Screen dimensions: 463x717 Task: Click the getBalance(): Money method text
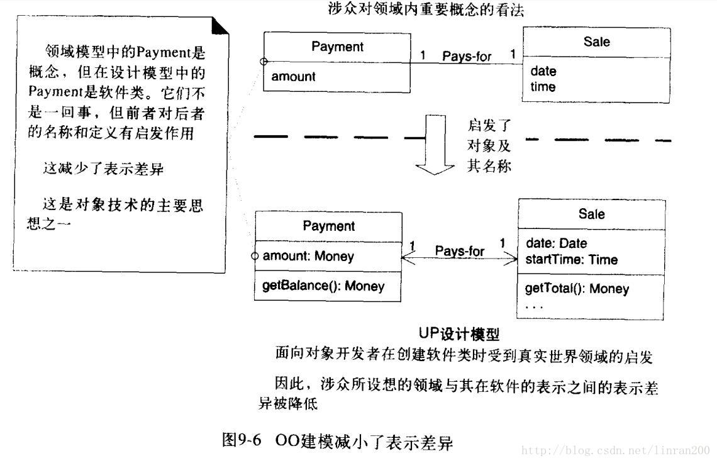click(x=323, y=286)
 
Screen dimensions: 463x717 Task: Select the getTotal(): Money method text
click(x=576, y=289)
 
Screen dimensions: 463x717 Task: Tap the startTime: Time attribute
click(x=571, y=259)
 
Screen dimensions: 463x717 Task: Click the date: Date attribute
click(x=555, y=243)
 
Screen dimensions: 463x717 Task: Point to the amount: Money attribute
click(x=308, y=256)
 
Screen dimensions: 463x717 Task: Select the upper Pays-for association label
click(x=466, y=56)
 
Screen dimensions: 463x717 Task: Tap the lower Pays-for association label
click(x=459, y=251)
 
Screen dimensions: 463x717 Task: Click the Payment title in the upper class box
click(x=337, y=47)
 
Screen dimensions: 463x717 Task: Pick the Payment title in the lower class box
click(x=328, y=226)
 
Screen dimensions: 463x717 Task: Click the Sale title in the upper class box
click(x=596, y=42)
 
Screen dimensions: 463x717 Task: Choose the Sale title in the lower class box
click(x=591, y=214)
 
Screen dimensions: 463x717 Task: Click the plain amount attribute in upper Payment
click(x=293, y=77)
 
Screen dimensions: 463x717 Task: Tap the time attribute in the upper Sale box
click(x=543, y=87)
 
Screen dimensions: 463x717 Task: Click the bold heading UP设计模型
click(x=459, y=333)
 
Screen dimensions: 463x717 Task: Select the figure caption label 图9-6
click(x=242, y=440)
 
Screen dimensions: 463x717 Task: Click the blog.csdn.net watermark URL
click(x=616, y=450)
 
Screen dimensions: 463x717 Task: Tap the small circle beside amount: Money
click(x=255, y=256)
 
